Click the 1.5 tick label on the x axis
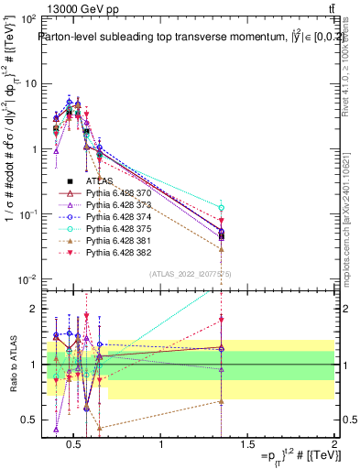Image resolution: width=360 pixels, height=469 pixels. tap(247, 445)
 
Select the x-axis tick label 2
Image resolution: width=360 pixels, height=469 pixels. tap(333, 445)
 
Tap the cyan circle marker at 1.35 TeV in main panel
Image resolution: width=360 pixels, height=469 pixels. tap(222, 208)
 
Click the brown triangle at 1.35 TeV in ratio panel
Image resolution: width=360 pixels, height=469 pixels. tap(222, 401)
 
